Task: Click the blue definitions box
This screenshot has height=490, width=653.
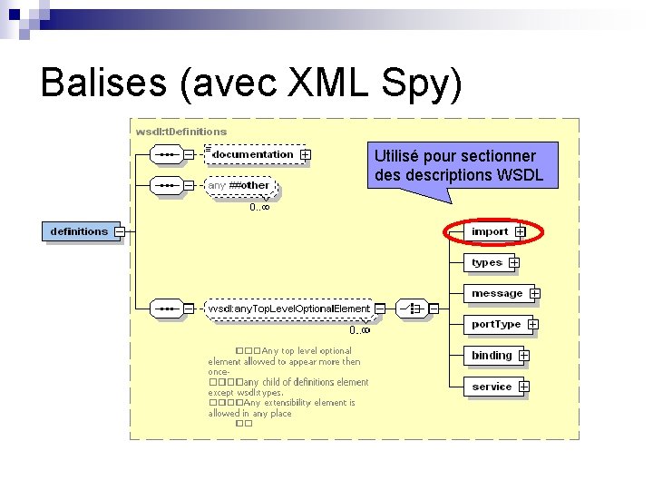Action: pyautogui.click(x=79, y=231)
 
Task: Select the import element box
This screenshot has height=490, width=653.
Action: pyautogui.click(x=490, y=231)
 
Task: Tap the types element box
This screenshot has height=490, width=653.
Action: pyautogui.click(x=487, y=262)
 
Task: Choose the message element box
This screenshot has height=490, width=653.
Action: pyautogui.click(x=496, y=293)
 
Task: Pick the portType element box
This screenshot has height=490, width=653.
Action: pyautogui.click(x=496, y=324)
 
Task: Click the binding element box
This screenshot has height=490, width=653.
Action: pyautogui.click(x=492, y=356)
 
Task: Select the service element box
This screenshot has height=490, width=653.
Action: pyautogui.click(x=492, y=387)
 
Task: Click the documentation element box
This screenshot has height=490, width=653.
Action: pyautogui.click(x=253, y=154)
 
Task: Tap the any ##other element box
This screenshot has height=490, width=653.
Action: pyautogui.click(x=239, y=185)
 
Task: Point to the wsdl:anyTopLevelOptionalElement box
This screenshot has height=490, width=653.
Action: pyautogui.click(x=289, y=309)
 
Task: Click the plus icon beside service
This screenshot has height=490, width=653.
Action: pyautogui.click(x=524, y=387)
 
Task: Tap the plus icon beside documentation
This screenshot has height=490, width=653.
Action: pyautogui.click(x=306, y=155)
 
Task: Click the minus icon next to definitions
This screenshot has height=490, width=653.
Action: pyautogui.click(x=120, y=231)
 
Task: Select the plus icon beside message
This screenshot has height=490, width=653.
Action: pyautogui.click(x=535, y=293)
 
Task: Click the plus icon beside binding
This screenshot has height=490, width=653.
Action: pyautogui.click(x=524, y=356)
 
